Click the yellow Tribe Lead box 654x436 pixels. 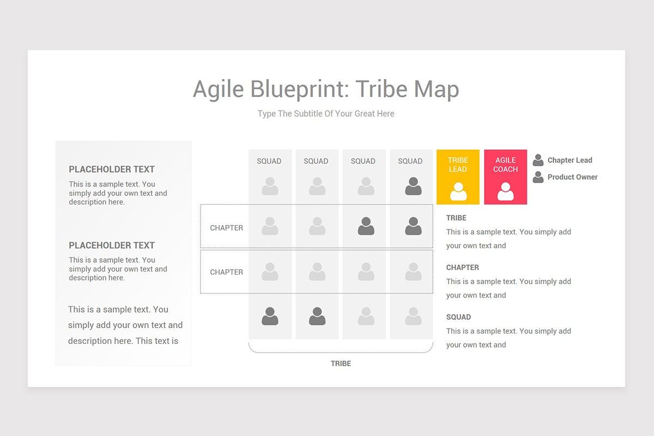click(458, 177)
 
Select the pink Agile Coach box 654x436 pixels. click(505, 177)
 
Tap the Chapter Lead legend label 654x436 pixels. click(570, 160)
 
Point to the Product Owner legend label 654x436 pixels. click(572, 177)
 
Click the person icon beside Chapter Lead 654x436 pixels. click(538, 160)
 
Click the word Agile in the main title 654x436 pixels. click(219, 90)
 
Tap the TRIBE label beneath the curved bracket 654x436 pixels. click(341, 364)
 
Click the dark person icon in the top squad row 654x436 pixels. click(413, 186)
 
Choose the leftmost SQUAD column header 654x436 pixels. click(269, 161)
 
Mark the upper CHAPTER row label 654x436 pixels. click(227, 228)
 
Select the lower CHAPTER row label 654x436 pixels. click(227, 272)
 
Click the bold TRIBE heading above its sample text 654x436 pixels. click(456, 218)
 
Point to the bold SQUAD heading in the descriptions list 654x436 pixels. click(458, 317)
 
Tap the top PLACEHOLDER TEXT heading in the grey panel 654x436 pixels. click(112, 169)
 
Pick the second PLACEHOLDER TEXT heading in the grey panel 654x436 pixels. click(112, 245)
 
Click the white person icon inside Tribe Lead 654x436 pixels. click(458, 191)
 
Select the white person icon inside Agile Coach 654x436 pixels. click(505, 191)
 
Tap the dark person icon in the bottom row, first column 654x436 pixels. click(270, 317)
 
